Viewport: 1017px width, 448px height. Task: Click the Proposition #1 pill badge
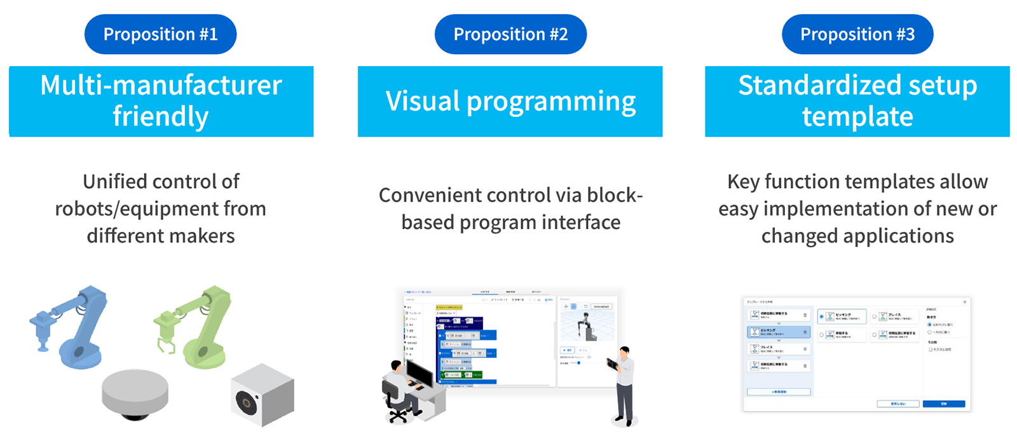pos(160,34)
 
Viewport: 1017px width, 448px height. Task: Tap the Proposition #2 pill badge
pos(510,34)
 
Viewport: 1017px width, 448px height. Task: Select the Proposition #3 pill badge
pos(857,34)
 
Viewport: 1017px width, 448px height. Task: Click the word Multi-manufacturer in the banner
pos(161,85)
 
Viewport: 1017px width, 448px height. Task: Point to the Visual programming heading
pos(510,101)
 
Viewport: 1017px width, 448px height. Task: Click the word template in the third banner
pos(857,117)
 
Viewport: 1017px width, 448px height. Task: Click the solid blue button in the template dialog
pos(943,404)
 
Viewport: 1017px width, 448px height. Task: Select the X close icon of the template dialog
pos(964,302)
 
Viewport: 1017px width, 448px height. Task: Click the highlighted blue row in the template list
pos(778,332)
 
